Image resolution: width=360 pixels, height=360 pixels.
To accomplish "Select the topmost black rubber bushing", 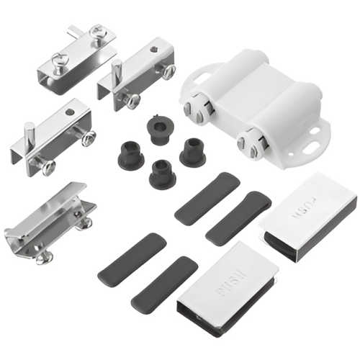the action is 158,129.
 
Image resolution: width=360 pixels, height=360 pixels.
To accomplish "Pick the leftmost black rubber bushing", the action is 130,153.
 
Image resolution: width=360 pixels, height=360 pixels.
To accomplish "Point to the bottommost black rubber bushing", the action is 163,173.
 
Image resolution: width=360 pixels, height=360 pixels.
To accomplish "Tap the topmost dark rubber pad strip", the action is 207,199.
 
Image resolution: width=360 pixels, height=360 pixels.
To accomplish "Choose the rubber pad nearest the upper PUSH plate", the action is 238,216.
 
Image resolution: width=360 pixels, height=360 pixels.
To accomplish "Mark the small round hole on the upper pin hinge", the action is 153,50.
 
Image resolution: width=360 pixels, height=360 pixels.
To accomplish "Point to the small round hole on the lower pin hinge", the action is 70,112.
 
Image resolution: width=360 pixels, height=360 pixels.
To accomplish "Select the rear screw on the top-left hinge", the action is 97,33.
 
